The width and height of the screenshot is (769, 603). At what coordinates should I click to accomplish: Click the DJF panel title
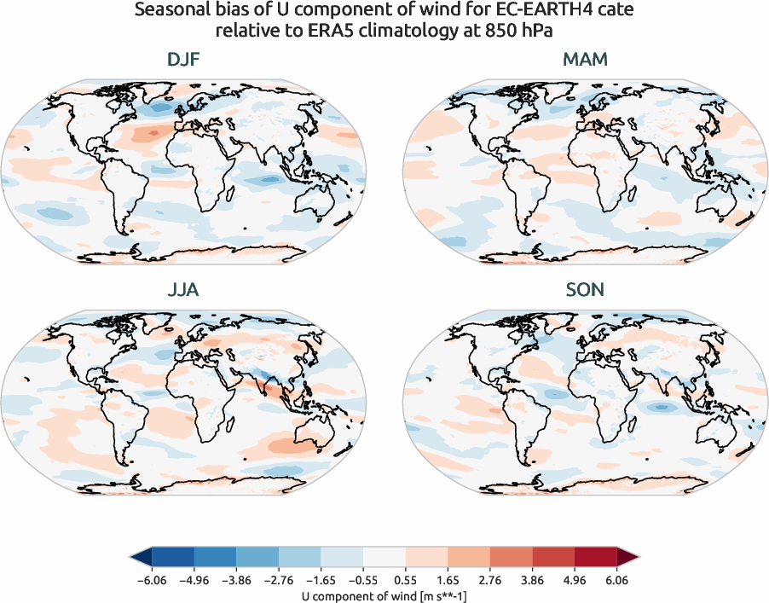pyautogui.click(x=185, y=61)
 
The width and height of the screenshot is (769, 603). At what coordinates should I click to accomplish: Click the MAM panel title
pyautogui.click(x=584, y=61)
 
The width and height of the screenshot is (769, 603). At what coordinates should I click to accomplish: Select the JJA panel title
pyautogui.click(x=185, y=290)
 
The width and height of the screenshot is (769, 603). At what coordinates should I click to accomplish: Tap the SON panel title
pyautogui.click(x=584, y=290)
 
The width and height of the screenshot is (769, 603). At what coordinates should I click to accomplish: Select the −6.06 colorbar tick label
pyautogui.click(x=152, y=581)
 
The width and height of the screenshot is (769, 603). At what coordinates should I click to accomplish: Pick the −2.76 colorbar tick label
pyautogui.click(x=279, y=581)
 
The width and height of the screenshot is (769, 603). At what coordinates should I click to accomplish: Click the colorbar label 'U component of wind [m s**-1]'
pyautogui.click(x=384, y=596)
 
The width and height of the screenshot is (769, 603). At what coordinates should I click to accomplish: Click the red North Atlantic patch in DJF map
pyautogui.click(x=153, y=132)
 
